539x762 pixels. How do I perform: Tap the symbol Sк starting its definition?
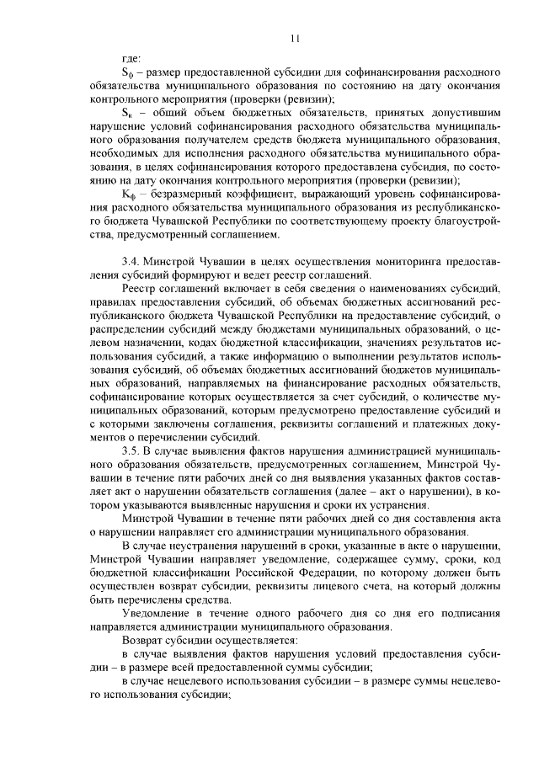click(x=127, y=112)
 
